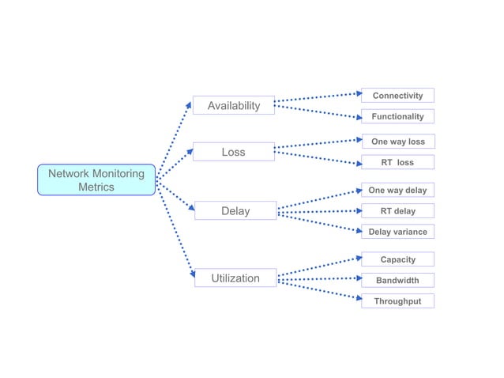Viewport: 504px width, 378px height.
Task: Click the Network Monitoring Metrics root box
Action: point(96,180)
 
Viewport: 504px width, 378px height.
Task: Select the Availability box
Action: point(233,105)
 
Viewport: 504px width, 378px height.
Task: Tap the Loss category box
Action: point(233,152)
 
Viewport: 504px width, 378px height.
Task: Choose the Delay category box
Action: point(235,211)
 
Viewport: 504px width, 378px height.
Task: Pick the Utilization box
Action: point(235,278)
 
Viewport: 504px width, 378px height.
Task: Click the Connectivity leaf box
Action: point(397,96)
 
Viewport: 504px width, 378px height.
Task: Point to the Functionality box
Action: point(397,116)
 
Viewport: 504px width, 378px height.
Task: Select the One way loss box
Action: point(397,142)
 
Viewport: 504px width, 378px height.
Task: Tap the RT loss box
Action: point(397,162)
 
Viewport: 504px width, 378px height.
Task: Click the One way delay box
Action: point(397,191)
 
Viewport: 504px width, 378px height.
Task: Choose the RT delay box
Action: point(397,211)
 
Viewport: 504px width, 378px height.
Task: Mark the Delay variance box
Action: point(397,232)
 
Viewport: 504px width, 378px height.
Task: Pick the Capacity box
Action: point(397,259)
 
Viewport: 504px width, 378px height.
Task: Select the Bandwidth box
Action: point(397,280)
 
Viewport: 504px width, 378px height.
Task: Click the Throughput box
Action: point(397,301)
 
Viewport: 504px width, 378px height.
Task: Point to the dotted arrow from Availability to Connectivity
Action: point(316,98)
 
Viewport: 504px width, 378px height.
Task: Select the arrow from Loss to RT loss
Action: point(316,158)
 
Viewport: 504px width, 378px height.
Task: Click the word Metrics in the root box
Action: point(96,187)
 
